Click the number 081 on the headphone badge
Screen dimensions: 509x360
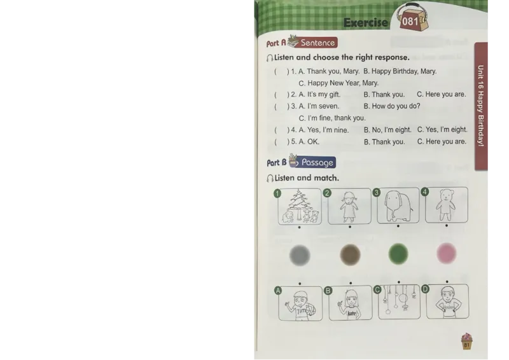pos(410,22)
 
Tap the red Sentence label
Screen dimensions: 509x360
pos(317,43)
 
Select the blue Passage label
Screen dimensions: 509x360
pos(316,162)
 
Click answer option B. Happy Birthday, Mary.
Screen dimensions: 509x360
pos(400,71)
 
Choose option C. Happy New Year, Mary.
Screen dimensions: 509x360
pos(338,83)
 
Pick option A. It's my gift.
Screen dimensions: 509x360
pos(319,95)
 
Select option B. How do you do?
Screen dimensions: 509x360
pos(392,106)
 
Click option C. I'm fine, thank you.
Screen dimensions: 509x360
pos(332,118)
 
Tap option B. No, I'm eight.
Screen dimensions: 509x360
pos(387,130)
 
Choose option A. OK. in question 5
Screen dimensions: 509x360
pos(309,142)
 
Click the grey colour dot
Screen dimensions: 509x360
pos(300,255)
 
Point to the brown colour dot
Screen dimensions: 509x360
pos(350,254)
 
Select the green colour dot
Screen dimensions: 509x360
pos(398,254)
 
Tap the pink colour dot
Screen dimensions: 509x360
pos(447,253)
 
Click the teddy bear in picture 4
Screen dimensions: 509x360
pos(446,205)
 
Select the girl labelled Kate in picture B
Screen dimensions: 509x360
pos(350,305)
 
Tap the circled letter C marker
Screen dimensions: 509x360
pos(377,289)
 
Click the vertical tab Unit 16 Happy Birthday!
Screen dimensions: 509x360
pos(481,106)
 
